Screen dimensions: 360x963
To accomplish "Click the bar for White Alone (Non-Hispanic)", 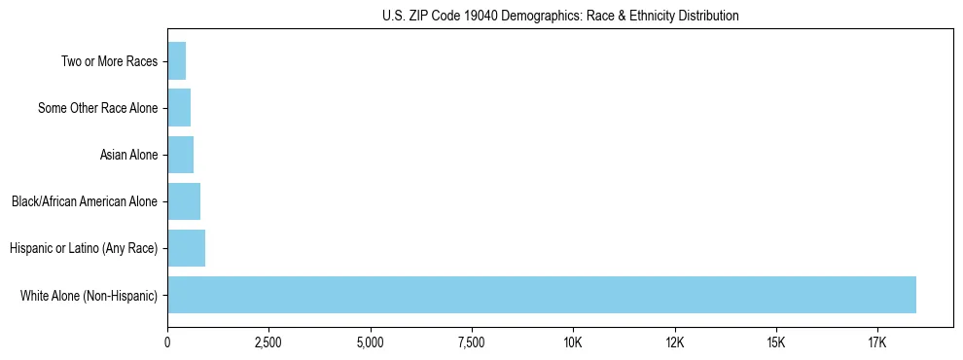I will [542, 295].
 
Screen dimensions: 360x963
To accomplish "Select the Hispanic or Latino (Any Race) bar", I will [187, 248].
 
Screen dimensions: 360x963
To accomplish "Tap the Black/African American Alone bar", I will [184, 201].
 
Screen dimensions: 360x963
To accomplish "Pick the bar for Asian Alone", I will [181, 155].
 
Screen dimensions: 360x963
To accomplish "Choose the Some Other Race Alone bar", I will [179, 108].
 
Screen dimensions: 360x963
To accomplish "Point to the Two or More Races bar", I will [177, 61].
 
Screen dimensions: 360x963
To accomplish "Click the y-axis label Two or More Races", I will [109, 61].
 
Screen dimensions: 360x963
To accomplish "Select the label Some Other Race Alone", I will [97, 108].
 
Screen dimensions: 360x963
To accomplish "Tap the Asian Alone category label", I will [128, 155].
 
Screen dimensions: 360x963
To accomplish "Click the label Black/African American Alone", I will [85, 201].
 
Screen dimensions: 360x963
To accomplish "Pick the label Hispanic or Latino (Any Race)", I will [84, 248].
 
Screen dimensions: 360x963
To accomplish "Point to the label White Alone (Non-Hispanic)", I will [89, 295].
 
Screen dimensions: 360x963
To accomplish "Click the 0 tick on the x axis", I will [167, 342].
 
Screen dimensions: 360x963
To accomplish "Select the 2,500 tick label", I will [268, 342].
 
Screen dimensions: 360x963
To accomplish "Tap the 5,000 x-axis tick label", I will [370, 342].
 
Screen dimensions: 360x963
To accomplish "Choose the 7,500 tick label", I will [471, 342].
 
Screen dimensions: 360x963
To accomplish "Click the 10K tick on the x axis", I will [573, 342].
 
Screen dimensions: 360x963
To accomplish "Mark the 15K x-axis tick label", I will [775, 342].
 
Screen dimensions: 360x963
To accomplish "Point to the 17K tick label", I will [876, 342].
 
